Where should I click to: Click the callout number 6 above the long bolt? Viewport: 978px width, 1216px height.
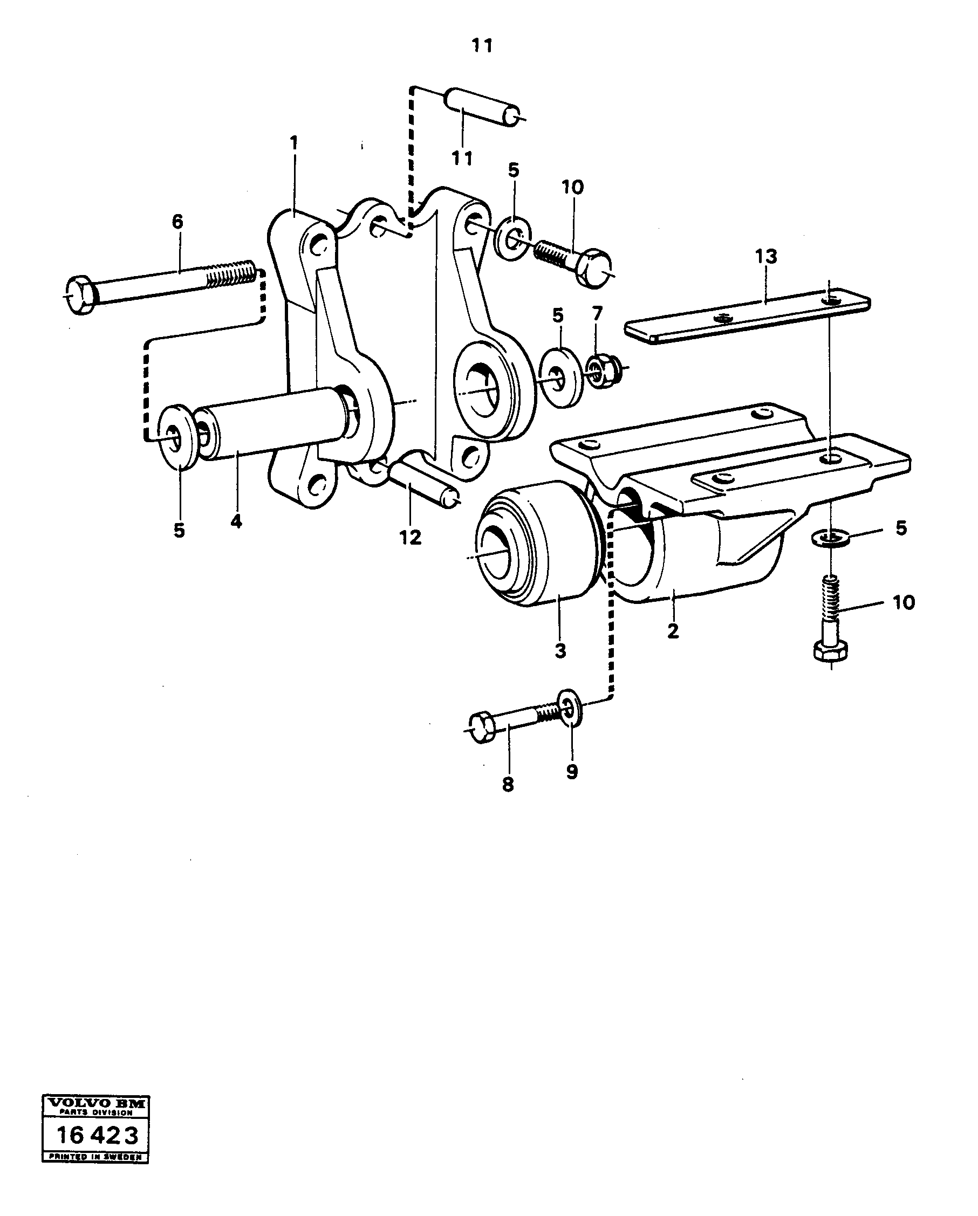pyautogui.click(x=177, y=222)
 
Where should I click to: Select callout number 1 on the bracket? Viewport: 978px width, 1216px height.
pyautogui.click(x=293, y=142)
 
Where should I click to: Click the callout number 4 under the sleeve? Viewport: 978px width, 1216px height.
pyautogui.click(x=236, y=521)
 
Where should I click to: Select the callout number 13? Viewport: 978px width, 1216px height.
pyautogui.click(x=767, y=256)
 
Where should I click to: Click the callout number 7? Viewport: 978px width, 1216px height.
pyautogui.click(x=598, y=313)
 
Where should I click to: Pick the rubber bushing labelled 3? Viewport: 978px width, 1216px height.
pyautogui.click(x=536, y=544)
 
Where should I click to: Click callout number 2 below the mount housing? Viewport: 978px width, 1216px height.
pyautogui.click(x=673, y=631)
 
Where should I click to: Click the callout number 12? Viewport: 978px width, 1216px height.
pyautogui.click(x=411, y=538)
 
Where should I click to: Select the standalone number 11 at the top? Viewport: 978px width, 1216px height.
pyautogui.click(x=482, y=46)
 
